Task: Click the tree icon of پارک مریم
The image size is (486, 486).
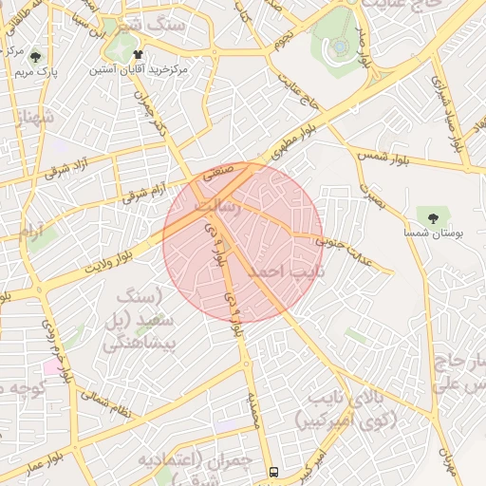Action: point(36,57)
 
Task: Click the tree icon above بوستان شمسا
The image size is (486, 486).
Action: point(433,217)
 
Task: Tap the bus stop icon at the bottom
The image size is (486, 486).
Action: point(273,471)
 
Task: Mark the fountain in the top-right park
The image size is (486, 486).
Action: point(340,45)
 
